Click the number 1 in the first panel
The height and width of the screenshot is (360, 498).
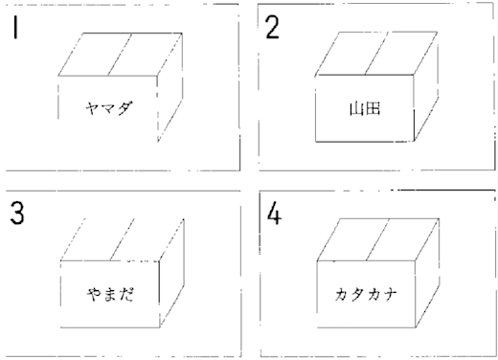14,28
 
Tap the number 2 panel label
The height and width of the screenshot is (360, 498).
272,28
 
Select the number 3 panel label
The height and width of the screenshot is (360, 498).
17,213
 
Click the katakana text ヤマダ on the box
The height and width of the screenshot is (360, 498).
108,108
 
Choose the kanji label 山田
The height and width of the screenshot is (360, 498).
365,108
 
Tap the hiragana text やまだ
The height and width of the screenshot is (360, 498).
110,294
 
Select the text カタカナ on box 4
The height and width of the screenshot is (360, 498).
366,294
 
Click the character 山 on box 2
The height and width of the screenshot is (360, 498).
357,108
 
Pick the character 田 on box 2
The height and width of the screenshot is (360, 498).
373,108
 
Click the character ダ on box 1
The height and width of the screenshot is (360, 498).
124,108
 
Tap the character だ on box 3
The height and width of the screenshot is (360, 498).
126,294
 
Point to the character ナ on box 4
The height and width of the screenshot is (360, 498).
390,294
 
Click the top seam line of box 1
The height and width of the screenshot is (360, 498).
120,55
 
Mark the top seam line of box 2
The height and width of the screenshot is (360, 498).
377,54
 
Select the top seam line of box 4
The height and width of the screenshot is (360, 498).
378,239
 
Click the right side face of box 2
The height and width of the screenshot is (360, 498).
426,86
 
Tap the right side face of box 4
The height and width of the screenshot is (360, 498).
427,273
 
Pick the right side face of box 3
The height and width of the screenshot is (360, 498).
171,273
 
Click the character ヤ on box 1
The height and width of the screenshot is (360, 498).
92,108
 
